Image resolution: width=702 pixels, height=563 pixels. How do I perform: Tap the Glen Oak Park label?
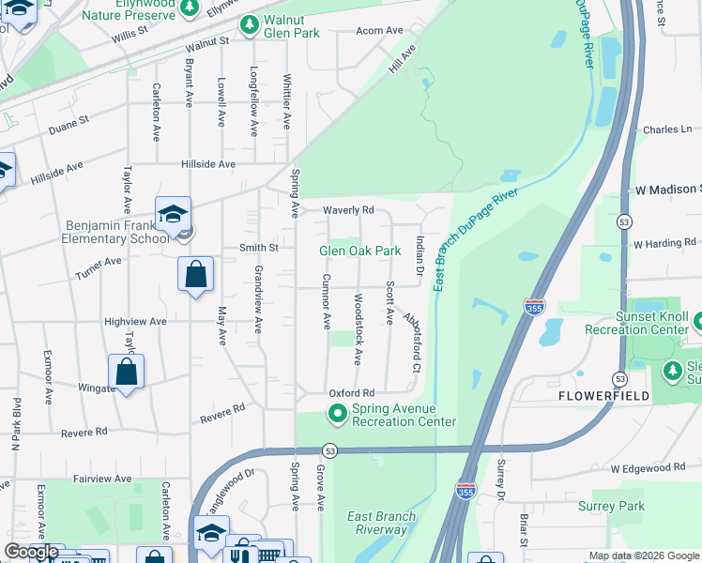[x=360, y=251]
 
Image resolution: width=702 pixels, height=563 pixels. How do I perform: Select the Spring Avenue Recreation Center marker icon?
[x=337, y=413]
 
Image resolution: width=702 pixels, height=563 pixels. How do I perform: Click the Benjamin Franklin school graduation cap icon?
[x=174, y=214]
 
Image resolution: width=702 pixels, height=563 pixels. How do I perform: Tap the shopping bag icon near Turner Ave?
[x=195, y=275]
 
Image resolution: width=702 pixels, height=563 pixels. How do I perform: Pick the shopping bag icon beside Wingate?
[x=126, y=372]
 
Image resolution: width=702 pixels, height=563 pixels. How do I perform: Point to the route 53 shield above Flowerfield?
[x=619, y=378]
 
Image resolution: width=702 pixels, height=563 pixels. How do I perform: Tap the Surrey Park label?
[x=618, y=507]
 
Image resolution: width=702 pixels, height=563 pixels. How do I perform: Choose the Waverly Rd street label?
[x=349, y=210]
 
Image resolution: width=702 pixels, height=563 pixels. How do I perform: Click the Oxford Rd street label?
[x=351, y=392]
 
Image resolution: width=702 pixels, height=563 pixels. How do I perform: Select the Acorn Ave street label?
[x=379, y=31]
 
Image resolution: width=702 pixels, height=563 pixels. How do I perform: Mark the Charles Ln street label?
[x=667, y=129]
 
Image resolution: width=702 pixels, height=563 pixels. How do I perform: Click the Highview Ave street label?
[x=135, y=321]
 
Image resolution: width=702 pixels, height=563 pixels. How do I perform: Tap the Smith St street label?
[x=259, y=248]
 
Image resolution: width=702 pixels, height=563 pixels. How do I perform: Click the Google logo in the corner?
[x=31, y=552]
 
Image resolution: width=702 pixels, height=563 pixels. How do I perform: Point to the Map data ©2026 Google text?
[x=644, y=555]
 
